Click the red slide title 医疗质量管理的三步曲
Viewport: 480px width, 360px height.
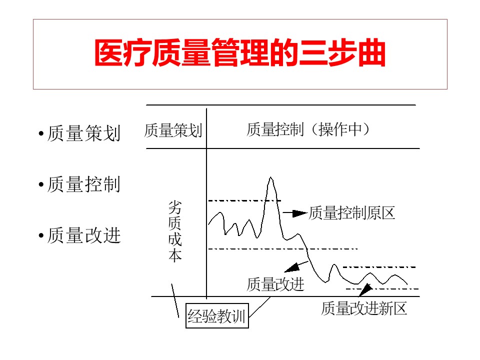240,53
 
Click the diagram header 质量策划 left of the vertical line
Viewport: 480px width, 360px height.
173,130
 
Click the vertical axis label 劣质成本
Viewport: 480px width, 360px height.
174,231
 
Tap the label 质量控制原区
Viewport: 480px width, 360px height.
352,213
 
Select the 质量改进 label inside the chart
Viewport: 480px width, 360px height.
275,284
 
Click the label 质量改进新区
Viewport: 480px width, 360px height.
364,308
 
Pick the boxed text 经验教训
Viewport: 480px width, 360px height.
217,316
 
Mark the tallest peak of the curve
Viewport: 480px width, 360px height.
271,178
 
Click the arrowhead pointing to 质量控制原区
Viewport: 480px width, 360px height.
300,213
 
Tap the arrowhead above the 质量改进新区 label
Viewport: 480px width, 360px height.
365,289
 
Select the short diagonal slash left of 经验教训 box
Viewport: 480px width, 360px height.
175,300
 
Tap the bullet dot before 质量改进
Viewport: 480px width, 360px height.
41,236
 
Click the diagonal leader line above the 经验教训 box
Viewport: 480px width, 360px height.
261,306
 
